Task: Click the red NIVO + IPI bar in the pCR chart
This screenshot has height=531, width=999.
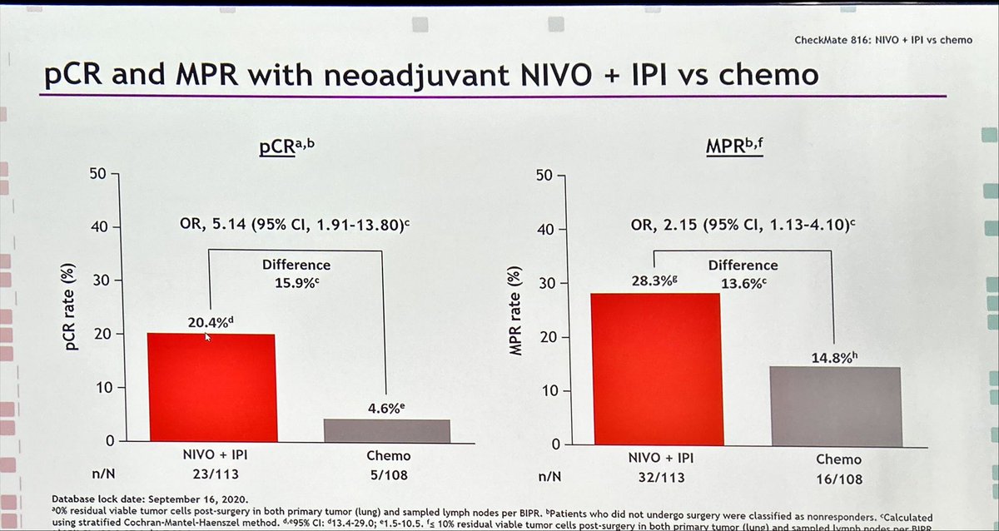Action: tap(212, 387)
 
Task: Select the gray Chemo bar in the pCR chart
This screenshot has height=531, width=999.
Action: tap(386, 430)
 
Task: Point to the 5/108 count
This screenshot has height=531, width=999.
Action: tap(387, 477)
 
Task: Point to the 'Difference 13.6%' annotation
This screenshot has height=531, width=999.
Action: tap(743, 274)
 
